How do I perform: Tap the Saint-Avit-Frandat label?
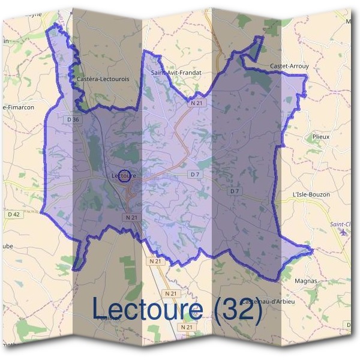point(173,73)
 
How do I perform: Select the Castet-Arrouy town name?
point(289,65)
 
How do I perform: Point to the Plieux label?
point(321,137)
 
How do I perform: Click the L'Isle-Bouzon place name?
point(310,195)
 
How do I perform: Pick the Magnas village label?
point(306,280)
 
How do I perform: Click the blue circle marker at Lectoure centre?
point(125,175)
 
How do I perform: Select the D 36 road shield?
point(72,120)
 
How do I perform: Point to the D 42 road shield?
point(14,214)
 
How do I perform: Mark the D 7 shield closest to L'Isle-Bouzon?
point(235,191)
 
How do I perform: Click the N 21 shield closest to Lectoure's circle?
point(132,217)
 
